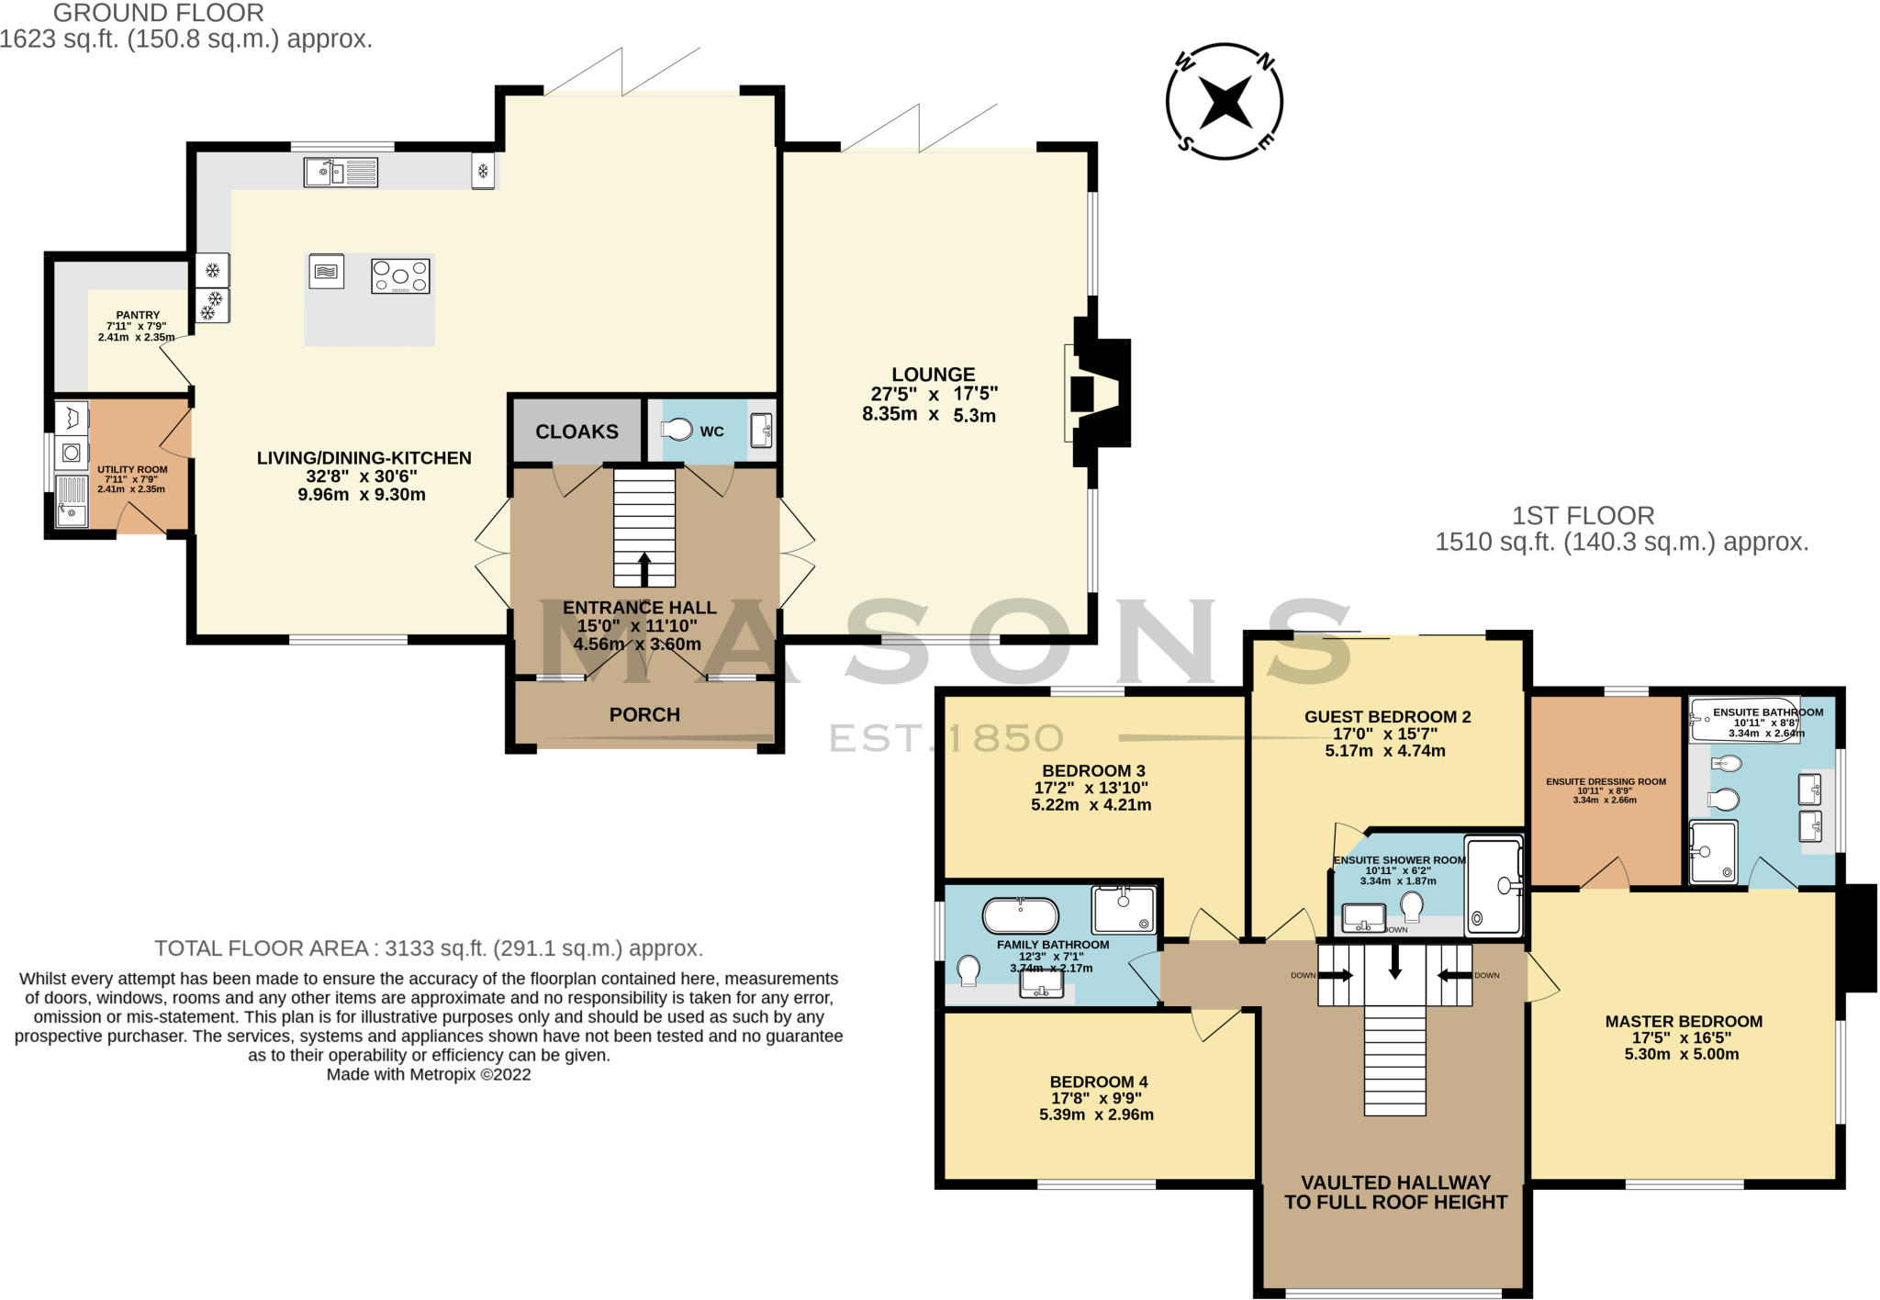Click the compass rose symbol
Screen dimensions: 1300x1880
(1225, 101)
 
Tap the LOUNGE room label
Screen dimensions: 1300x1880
(933, 375)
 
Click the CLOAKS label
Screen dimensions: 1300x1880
(576, 431)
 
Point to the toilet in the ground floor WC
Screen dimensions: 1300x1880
(677, 429)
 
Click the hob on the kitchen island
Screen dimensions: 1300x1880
(400, 275)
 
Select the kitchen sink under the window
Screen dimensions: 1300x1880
(341, 172)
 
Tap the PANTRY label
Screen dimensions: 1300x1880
(138, 315)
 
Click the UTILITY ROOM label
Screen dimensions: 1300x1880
(132, 469)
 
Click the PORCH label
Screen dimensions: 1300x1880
(644, 714)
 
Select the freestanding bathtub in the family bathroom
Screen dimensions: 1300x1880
(1020, 915)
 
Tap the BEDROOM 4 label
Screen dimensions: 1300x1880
(1098, 1081)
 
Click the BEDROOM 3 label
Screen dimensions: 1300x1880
(1092, 770)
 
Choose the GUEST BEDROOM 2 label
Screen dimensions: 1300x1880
(1387, 716)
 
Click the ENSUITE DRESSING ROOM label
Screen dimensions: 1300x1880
(1606, 782)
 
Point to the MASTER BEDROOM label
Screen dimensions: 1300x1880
(1684, 1021)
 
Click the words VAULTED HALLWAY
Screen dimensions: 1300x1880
(1394, 1182)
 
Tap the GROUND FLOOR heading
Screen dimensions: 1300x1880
(158, 13)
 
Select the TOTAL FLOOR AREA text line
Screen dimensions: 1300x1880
(428, 948)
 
